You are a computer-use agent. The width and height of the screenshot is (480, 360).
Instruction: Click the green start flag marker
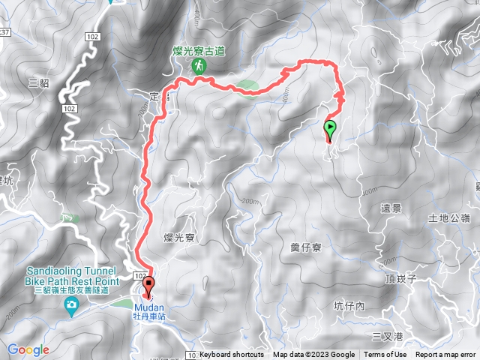[331, 127]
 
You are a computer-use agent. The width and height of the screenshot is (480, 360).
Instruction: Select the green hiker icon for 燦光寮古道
[199, 66]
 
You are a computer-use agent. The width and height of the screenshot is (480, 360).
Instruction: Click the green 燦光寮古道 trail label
[199, 50]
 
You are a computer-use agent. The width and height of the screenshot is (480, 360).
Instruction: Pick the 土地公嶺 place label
[448, 218]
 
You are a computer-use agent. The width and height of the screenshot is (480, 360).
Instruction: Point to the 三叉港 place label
[388, 335]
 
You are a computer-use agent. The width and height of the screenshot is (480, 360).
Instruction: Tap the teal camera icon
[71, 304]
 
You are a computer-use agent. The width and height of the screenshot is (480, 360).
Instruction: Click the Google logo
[28, 349]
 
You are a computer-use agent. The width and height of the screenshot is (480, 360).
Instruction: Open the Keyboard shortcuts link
[232, 355]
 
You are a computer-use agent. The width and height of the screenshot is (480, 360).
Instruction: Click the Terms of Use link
[385, 355]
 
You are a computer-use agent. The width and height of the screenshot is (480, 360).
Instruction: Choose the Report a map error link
[446, 355]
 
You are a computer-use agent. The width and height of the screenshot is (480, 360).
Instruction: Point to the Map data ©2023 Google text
[313, 355]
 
